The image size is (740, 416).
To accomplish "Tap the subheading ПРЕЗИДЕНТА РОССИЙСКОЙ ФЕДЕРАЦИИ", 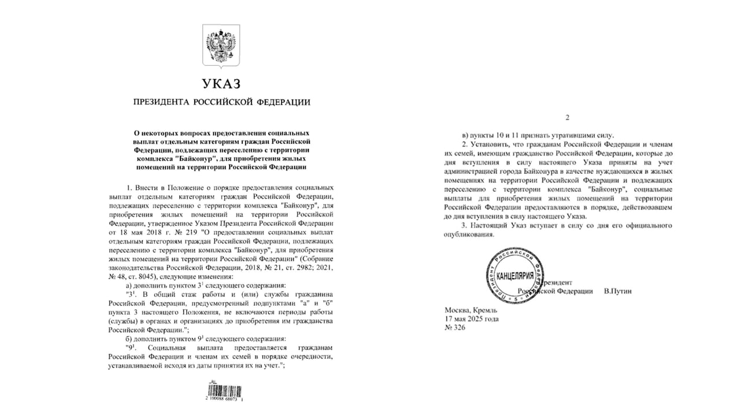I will [221, 102].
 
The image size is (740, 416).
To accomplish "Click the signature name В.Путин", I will [617, 291].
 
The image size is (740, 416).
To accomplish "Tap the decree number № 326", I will [454, 328].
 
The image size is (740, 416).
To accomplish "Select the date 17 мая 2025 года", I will [471, 319].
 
